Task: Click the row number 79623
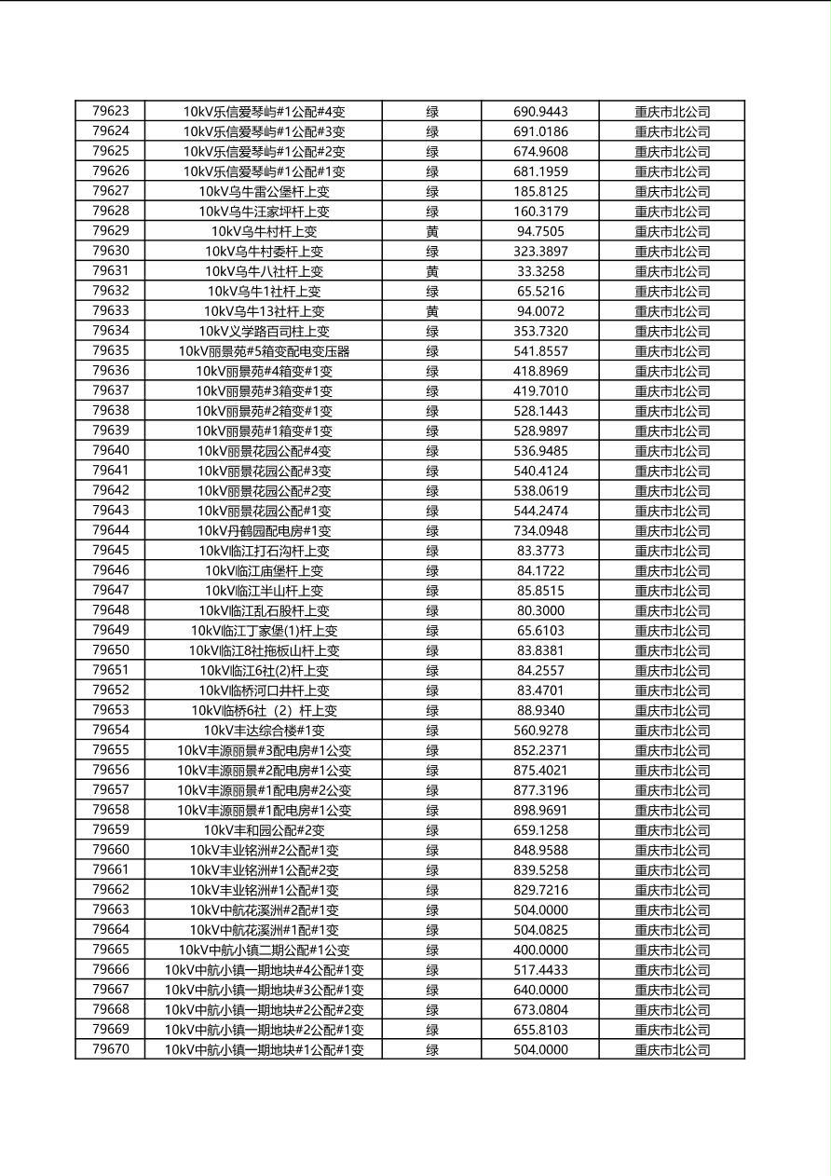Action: pyautogui.click(x=111, y=111)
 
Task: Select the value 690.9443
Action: pyautogui.click(x=540, y=112)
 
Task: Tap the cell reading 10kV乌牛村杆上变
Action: pyautogui.click(x=264, y=231)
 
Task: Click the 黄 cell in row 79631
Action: pyautogui.click(x=432, y=271)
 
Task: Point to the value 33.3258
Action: pyautogui.click(x=540, y=271)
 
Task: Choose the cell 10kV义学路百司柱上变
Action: pyautogui.click(x=264, y=331)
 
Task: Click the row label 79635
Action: pyautogui.click(x=111, y=350)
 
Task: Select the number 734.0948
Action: pyautogui.click(x=540, y=530)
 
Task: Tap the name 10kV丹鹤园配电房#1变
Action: pyautogui.click(x=264, y=530)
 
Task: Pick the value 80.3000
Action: pyautogui.click(x=540, y=610)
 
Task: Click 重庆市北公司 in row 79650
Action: pyautogui.click(x=672, y=650)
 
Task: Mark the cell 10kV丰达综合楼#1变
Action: pyautogui.click(x=264, y=731)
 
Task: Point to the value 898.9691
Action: pyautogui.click(x=540, y=810)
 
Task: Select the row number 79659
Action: pyautogui.click(x=111, y=829)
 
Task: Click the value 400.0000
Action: pyautogui.click(x=540, y=950)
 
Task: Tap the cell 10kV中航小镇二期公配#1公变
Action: pyautogui.click(x=264, y=950)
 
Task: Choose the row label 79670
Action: pyautogui.click(x=111, y=1049)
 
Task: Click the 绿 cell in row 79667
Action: pyautogui.click(x=432, y=990)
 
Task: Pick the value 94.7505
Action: pyautogui.click(x=540, y=231)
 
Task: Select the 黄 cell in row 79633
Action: pyautogui.click(x=432, y=311)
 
